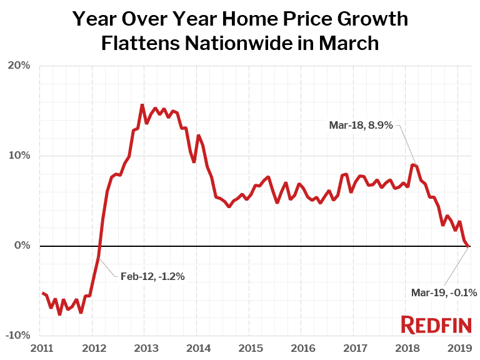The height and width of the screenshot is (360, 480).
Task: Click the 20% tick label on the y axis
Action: [x=19, y=66]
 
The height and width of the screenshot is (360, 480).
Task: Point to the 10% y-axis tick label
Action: [x=19, y=156]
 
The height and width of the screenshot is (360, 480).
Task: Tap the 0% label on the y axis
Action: [x=22, y=246]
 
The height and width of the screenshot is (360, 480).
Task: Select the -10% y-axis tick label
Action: [x=18, y=336]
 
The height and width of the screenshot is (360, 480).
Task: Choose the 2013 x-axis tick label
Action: [x=144, y=347]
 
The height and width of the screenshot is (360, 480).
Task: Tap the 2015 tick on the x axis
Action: [x=249, y=347]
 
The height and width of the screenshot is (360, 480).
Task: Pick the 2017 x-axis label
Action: [x=354, y=347]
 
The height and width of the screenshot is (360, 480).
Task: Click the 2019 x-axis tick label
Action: [x=457, y=347]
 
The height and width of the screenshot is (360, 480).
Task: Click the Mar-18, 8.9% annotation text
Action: [x=361, y=125]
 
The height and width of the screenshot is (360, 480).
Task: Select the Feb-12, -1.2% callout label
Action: [x=152, y=276]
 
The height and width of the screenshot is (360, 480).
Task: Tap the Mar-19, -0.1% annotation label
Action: [x=444, y=292]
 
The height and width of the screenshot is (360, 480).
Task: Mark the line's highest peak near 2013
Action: [x=142, y=105]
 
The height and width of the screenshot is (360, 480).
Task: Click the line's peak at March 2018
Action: [x=412, y=165]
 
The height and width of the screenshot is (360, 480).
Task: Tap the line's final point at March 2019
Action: [x=469, y=246]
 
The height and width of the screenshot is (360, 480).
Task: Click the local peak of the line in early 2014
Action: [x=198, y=135]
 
